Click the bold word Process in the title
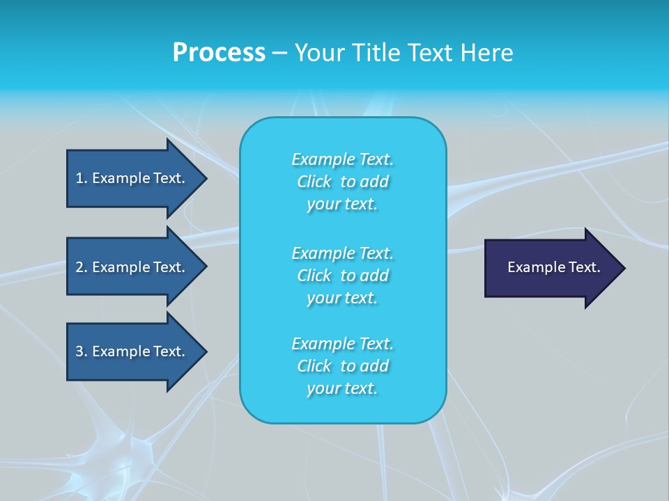pyautogui.click(x=219, y=53)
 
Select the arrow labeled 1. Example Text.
pyautogui.click(x=132, y=178)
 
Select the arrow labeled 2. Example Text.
pyautogui.click(x=132, y=267)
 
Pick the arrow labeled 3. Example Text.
pyautogui.click(x=132, y=351)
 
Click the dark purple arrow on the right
pyautogui.click(x=551, y=268)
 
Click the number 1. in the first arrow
pyautogui.click(x=81, y=178)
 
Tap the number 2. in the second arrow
pyautogui.click(x=81, y=267)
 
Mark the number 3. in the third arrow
pyautogui.click(x=81, y=351)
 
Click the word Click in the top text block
pyautogui.click(x=314, y=182)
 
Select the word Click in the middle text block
pyautogui.click(x=314, y=276)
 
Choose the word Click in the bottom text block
pyautogui.click(x=314, y=366)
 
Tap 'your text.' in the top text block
pyautogui.click(x=342, y=205)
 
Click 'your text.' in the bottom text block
pyautogui.click(x=342, y=389)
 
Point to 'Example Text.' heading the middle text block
pyautogui.click(x=342, y=253)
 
